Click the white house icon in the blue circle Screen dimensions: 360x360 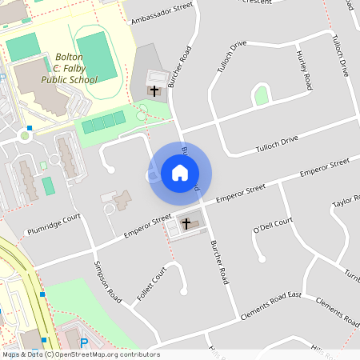(x=180, y=171)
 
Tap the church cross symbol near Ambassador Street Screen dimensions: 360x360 (x=154, y=90)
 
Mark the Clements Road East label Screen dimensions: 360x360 (x=271, y=307)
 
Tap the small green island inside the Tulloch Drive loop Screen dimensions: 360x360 (x=261, y=96)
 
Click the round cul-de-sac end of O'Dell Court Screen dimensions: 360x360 (x=262, y=258)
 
